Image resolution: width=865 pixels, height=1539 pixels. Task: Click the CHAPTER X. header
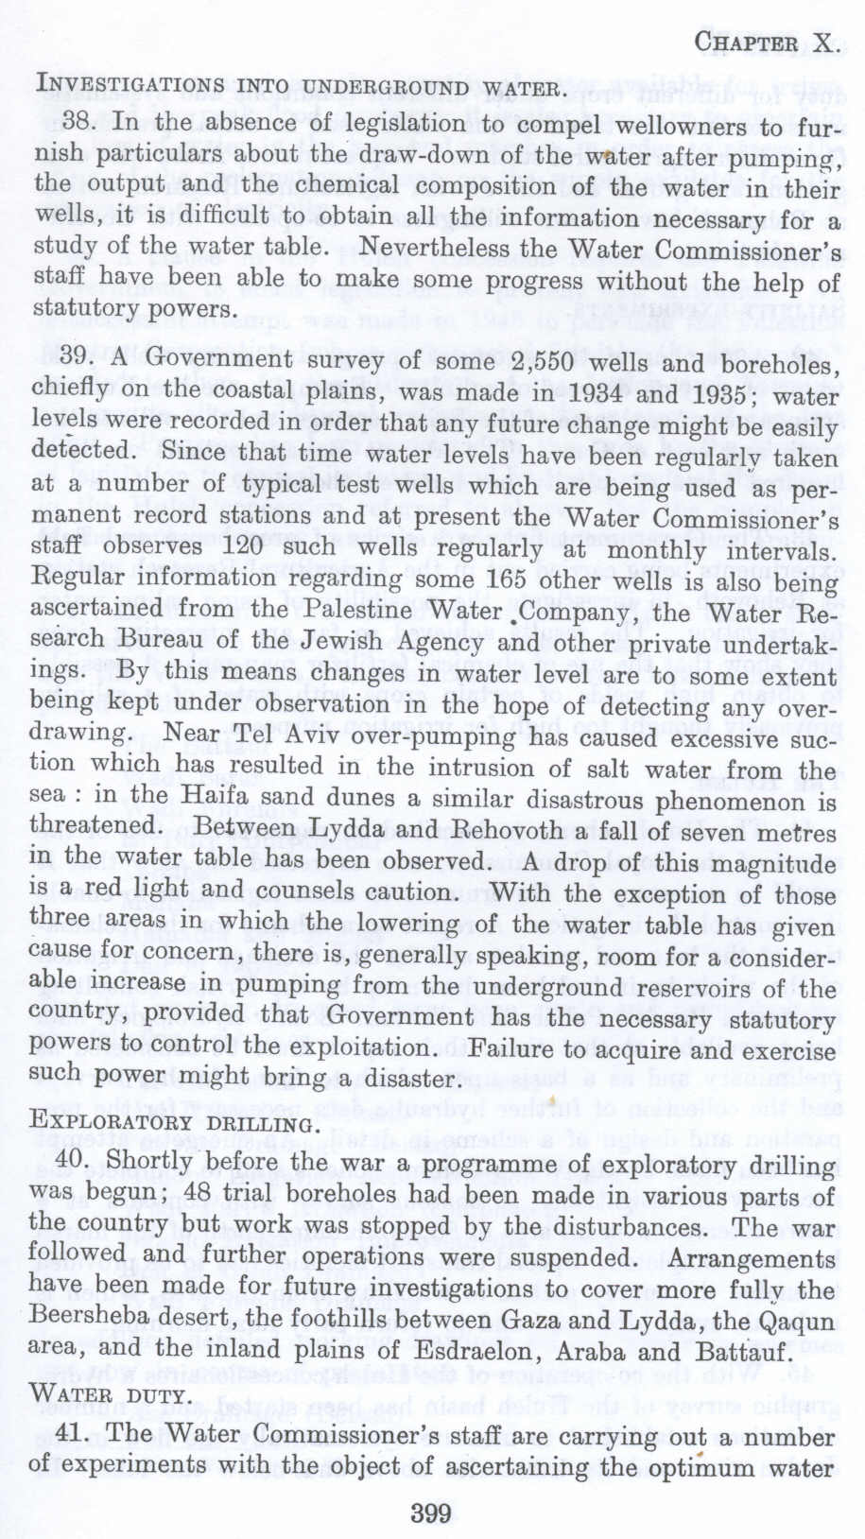point(765,43)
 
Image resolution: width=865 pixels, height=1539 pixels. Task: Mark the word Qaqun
point(789,1320)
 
